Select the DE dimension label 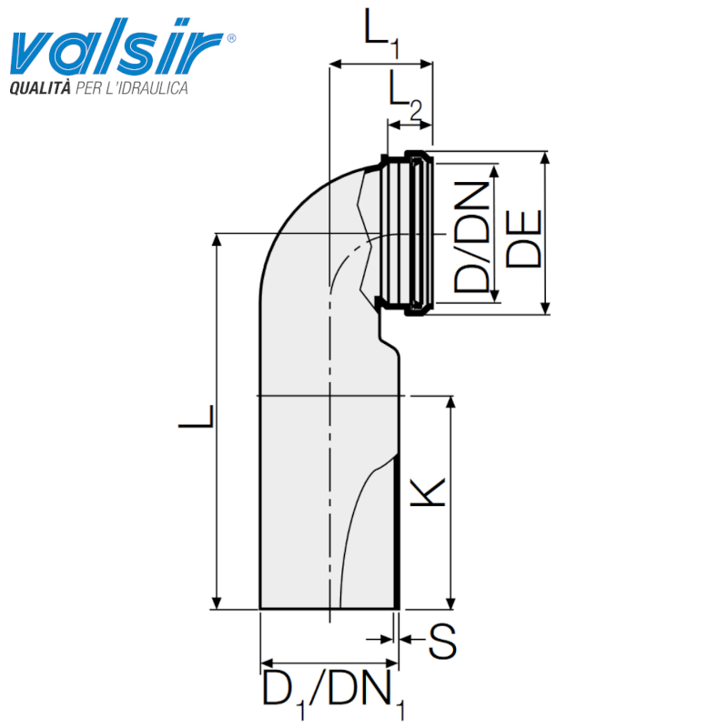(x=523, y=238)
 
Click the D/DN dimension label (x=471, y=235)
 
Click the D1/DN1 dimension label (x=333, y=693)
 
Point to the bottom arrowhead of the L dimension (x=217, y=602)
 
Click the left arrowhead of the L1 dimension (x=334, y=64)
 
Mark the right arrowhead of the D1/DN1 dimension (x=394, y=663)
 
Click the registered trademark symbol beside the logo (x=231, y=38)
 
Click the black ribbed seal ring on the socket (x=418, y=234)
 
